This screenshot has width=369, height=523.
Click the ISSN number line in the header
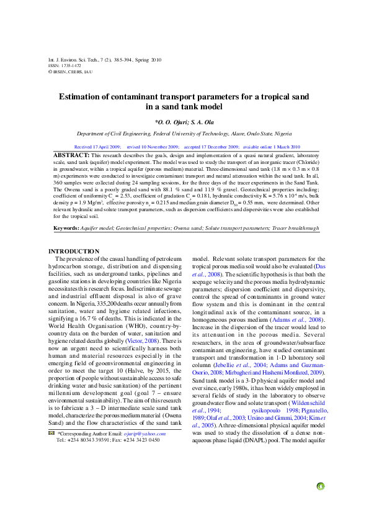tap(64, 65)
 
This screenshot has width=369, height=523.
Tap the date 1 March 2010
tap(282, 147)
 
